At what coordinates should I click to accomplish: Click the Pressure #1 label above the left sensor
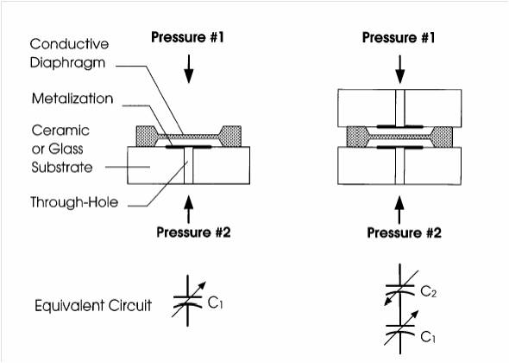click(x=190, y=38)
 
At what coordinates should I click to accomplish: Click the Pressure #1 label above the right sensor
click(x=399, y=38)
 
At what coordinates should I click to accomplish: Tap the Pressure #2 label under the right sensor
click(x=399, y=233)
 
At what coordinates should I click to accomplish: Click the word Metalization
click(x=72, y=99)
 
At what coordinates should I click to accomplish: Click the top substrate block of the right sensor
click(x=399, y=105)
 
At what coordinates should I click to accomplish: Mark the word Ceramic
click(x=60, y=130)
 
